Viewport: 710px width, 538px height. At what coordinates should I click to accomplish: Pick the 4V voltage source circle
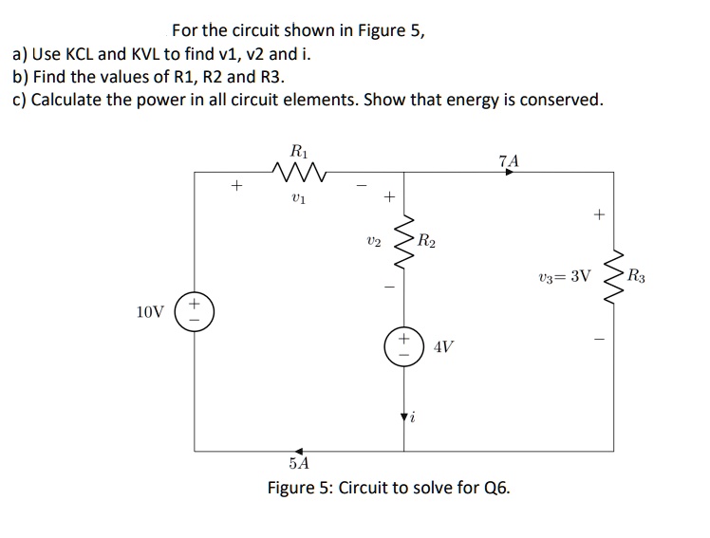coord(402,347)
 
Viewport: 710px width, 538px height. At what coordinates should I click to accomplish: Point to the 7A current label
coord(509,159)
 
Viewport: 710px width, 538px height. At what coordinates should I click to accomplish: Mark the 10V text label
coord(150,311)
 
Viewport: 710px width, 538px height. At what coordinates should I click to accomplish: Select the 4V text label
coord(442,347)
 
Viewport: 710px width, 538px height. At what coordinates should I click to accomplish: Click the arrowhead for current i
coord(402,417)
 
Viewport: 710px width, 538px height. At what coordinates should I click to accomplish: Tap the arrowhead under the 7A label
coord(509,173)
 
